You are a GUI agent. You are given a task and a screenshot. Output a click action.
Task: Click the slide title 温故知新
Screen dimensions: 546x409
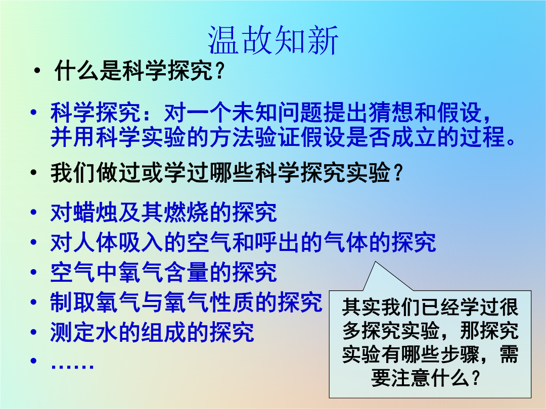pyautogui.click(x=273, y=40)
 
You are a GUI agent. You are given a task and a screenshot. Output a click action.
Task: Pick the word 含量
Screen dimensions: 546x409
pyautogui.click(x=186, y=272)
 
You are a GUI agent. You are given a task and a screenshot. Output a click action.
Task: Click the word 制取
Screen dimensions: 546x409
pyautogui.click(x=73, y=302)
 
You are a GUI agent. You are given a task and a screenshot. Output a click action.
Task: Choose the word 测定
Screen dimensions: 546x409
pyautogui.click(x=73, y=332)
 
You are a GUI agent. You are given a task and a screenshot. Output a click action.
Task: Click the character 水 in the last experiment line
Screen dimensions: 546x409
pyautogui.click(x=107, y=332)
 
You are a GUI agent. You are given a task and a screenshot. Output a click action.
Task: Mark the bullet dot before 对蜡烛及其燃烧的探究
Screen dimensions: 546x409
pyautogui.click(x=33, y=212)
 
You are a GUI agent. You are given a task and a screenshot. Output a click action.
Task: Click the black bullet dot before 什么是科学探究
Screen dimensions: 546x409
pyautogui.click(x=37, y=71)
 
